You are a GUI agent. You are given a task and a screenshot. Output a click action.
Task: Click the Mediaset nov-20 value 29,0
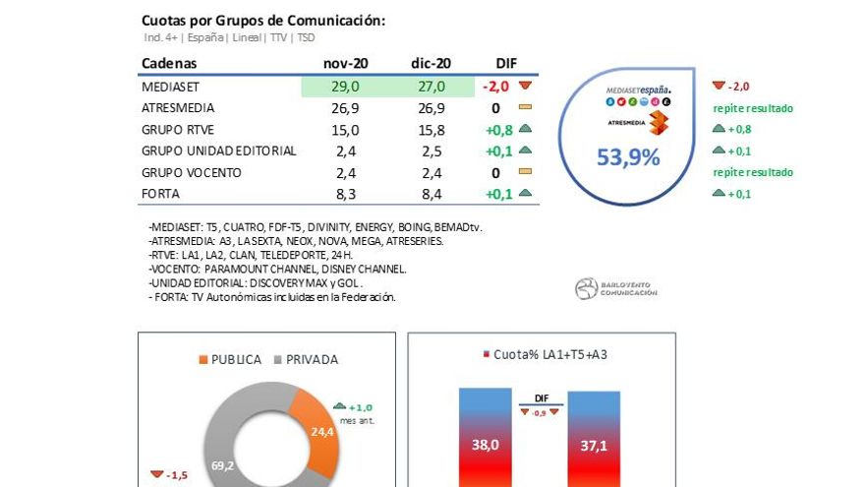345,87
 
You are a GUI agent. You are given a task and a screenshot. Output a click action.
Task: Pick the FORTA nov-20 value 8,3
345,195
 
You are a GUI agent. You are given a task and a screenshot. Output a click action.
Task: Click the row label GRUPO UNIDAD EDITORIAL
218,152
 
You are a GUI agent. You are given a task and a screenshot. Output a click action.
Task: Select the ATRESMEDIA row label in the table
178,108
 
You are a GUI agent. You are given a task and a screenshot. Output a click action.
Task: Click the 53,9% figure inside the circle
628,156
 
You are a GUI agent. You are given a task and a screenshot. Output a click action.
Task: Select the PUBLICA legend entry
230,359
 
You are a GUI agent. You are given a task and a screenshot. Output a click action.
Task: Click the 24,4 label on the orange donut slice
321,431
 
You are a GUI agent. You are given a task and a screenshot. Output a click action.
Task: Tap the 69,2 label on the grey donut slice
222,465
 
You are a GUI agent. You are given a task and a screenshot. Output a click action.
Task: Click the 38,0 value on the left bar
485,445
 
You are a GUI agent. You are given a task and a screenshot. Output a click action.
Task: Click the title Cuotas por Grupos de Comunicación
263,21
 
